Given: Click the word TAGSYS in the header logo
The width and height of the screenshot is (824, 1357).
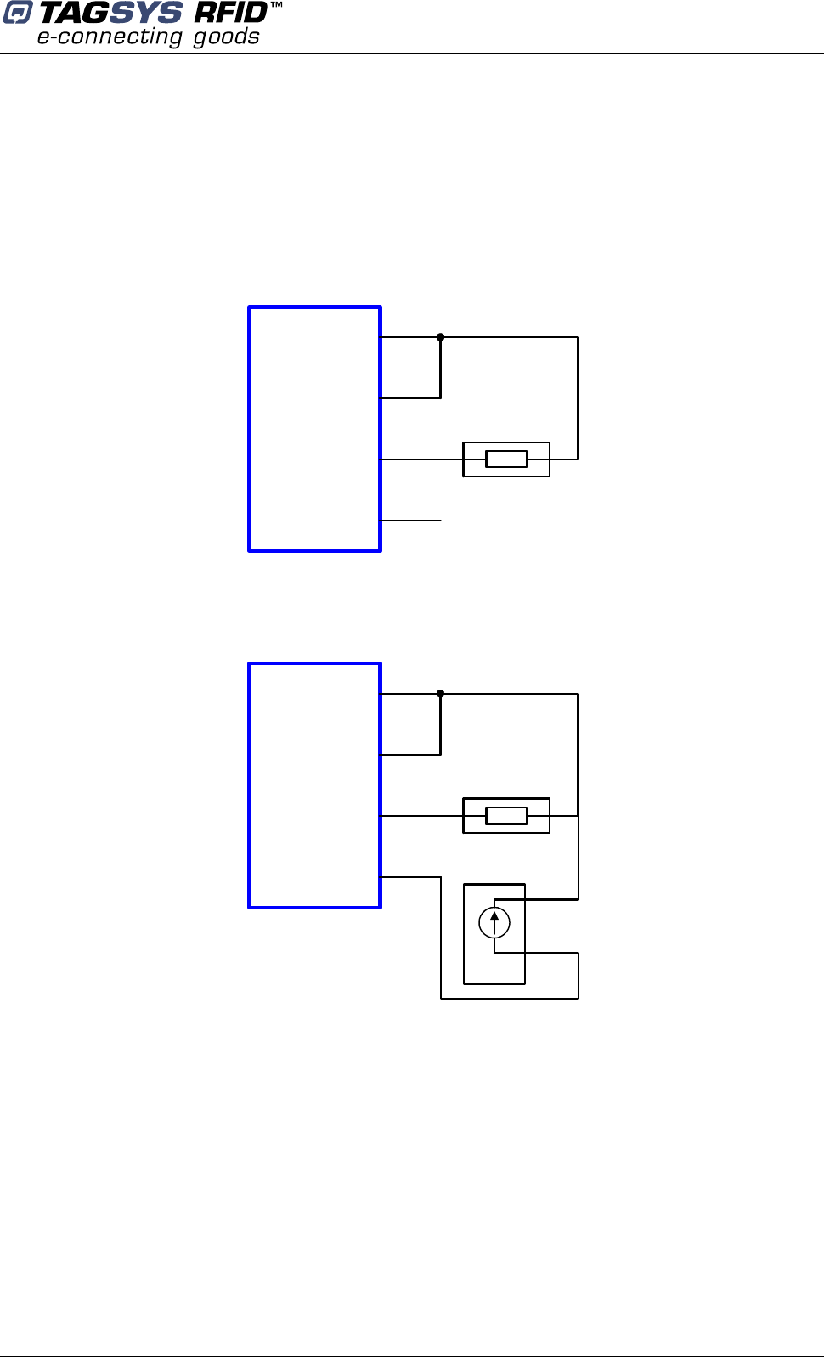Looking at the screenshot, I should pos(110,14).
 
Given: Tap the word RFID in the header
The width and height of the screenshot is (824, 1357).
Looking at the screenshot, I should pos(231,14).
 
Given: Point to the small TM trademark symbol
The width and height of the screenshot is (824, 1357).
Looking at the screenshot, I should pos(276,6).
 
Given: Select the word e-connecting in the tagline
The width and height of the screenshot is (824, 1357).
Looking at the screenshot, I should pos(110,37).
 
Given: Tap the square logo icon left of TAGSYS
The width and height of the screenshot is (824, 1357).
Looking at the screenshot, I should pos(17,14).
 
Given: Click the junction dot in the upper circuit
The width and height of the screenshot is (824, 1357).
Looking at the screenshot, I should pos(440,337).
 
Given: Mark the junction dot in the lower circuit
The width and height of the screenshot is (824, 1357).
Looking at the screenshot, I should pos(440,694).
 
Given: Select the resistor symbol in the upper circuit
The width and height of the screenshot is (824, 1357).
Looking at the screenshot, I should pos(506,459).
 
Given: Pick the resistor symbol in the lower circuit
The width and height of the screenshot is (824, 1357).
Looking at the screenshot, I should pos(506,816).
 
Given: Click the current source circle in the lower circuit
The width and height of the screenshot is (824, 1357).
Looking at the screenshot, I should pos(494,923).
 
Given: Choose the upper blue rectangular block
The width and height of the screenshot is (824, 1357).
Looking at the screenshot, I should pos(314,429).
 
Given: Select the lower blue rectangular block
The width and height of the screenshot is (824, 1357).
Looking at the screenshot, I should pos(314,785).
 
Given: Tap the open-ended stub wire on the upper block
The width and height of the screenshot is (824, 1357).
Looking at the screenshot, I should pos(411,521).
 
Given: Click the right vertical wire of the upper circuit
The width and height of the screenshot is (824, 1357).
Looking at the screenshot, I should pos(578,398).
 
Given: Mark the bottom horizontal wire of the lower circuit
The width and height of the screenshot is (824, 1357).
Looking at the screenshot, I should pos(510,999).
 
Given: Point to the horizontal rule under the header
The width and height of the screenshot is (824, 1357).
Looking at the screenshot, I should pos(412,54).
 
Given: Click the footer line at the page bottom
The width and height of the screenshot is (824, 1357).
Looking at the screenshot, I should pos(412,1355).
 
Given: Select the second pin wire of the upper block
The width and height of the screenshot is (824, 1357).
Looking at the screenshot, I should pos(410,398).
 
